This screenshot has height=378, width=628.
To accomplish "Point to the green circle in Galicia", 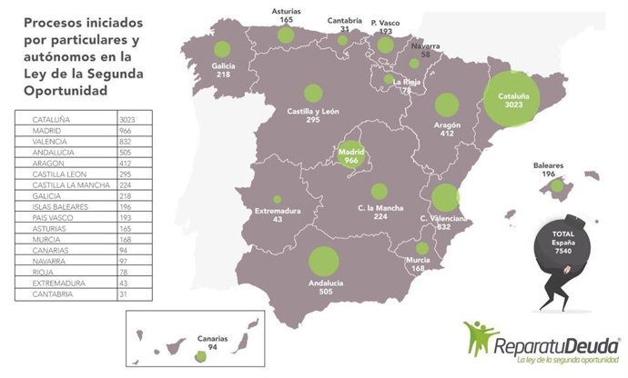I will coord(218,52).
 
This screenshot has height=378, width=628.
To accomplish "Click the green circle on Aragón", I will coord(446,106).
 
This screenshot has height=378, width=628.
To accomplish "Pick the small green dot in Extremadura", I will coord(277,199).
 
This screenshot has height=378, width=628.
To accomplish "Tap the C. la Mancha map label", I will coord(380,212).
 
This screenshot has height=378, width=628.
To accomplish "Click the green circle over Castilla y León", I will coord(313,92).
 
